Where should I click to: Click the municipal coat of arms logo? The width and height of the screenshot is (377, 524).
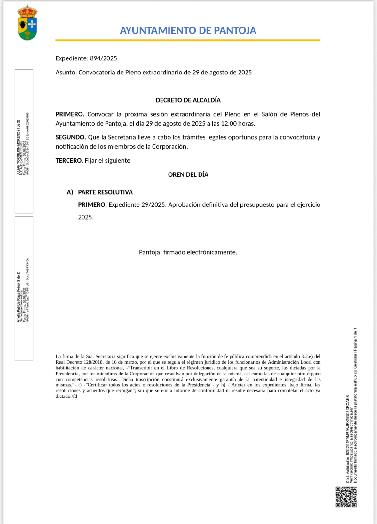tap(27, 23)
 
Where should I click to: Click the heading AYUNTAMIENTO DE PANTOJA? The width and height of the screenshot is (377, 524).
tap(188, 30)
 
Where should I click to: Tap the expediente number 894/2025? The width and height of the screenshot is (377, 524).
tap(103, 58)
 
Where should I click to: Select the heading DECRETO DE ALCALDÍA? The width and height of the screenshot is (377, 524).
tap(188, 100)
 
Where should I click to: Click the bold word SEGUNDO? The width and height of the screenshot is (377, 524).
tap(70, 137)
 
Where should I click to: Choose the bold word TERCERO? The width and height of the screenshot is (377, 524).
tap(69, 160)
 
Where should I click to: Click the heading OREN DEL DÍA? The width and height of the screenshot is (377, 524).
tap(188, 174)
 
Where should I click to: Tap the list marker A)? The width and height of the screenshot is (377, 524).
tap(70, 192)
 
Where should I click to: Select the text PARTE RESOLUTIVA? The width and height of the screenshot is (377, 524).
tap(105, 192)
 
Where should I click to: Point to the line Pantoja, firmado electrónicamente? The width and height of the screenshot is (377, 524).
tap(188, 252)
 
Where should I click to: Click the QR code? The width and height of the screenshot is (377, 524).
tap(346, 497)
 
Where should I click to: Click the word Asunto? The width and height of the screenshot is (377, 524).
tap(66, 72)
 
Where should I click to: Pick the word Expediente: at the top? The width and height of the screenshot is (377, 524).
tap(72, 58)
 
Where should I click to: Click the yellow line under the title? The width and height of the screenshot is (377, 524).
tap(188, 40)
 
